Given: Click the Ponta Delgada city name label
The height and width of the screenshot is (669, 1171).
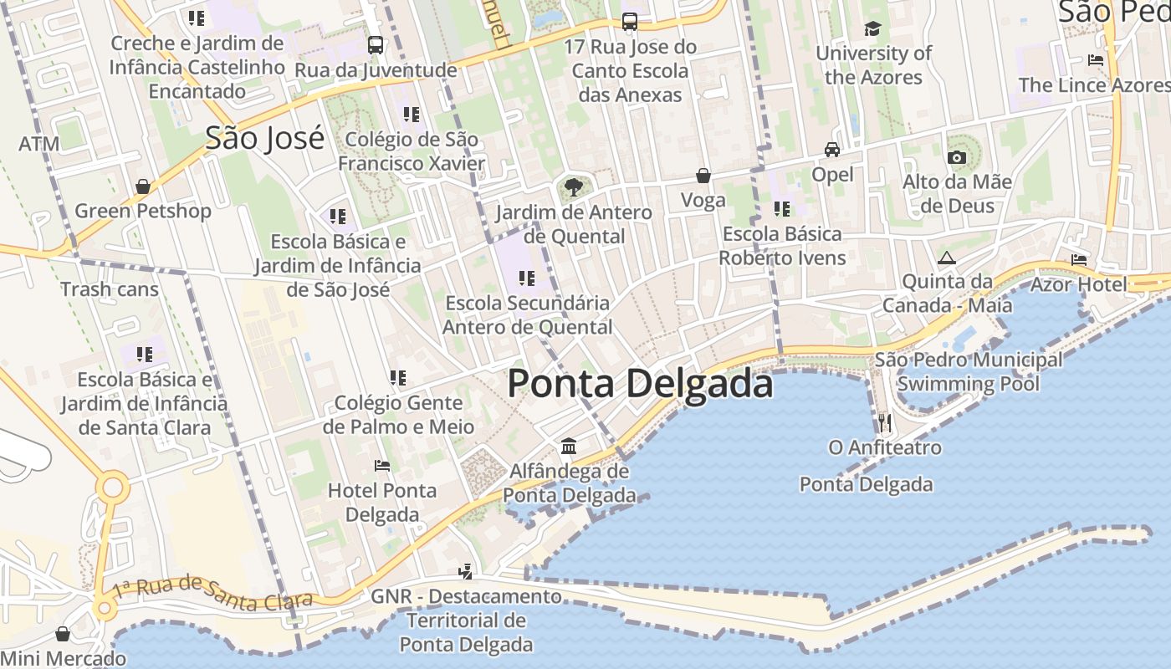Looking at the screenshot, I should [x=640, y=384].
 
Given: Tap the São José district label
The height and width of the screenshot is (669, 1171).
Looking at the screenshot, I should [x=264, y=138].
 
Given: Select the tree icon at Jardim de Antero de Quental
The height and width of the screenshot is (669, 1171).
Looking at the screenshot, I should [x=573, y=186].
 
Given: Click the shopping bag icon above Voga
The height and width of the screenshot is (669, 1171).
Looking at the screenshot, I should [x=703, y=176].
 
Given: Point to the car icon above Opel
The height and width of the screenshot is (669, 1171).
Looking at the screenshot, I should [x=832, y=150].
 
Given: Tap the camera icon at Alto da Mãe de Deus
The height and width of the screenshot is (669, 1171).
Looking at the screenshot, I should [x=957, y=157].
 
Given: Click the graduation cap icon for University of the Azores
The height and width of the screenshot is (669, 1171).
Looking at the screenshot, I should [x=872, y=28].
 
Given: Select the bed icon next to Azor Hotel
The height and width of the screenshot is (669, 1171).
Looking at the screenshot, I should [x=1078, y=260].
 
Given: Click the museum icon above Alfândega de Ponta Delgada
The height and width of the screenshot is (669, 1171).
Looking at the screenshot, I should [x=569, y=446].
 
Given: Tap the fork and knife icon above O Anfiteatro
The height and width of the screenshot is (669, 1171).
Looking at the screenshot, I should [x=885, y=422].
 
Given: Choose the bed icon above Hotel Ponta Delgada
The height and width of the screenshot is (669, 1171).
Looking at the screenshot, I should [x=382, y=465].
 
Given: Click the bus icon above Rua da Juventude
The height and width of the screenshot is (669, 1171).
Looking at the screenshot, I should [x=376, y=45].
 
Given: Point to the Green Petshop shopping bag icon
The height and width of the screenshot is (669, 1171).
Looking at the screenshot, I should [x=143, y=186].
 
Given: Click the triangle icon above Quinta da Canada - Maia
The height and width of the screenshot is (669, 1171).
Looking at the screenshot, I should [x=946, y=258].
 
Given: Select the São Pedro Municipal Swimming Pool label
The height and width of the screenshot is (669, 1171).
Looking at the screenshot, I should [x=969, y=372].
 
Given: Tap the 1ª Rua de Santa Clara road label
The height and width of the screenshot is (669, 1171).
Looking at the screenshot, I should [x=212, y=590].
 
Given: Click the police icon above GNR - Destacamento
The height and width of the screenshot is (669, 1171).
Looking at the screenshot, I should [x=466, y=572].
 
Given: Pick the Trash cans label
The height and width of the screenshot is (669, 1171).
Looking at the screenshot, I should [x=110, y=289].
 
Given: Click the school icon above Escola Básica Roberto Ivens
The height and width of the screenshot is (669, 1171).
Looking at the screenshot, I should [x=782, y=208].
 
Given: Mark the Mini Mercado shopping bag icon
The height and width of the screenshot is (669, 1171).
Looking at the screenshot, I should [x=63, y=634].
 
